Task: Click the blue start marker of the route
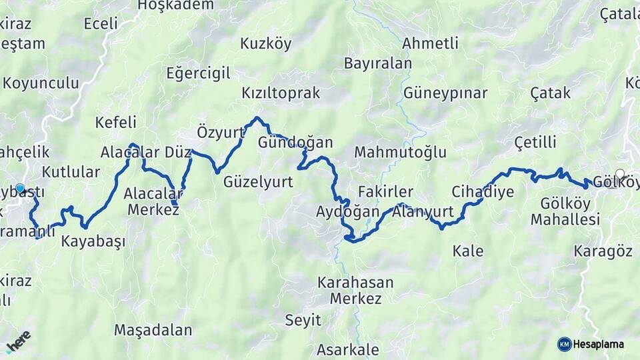(x=20, y=189)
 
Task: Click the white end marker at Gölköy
(x=620, y=175)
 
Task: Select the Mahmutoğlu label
(x=400, y=152)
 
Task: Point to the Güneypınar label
(x=445, y=93)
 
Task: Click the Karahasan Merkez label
(x=355, y=290)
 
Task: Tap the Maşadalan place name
(x=153, y=329)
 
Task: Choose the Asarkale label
(x=347, y=349)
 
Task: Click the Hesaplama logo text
(x=599, y=345)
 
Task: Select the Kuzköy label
(x=265, y=44)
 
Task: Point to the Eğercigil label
(x=198, y=72)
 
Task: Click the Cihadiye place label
(x=483, y=192)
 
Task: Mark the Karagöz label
(x=603, y=251)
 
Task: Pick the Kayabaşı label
(x=93, y=241)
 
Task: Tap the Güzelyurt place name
(x=258, y=181)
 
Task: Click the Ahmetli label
(x=431, y=43)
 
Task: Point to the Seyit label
(x=303, y=320)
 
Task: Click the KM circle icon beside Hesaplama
(x=564, y=345)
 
